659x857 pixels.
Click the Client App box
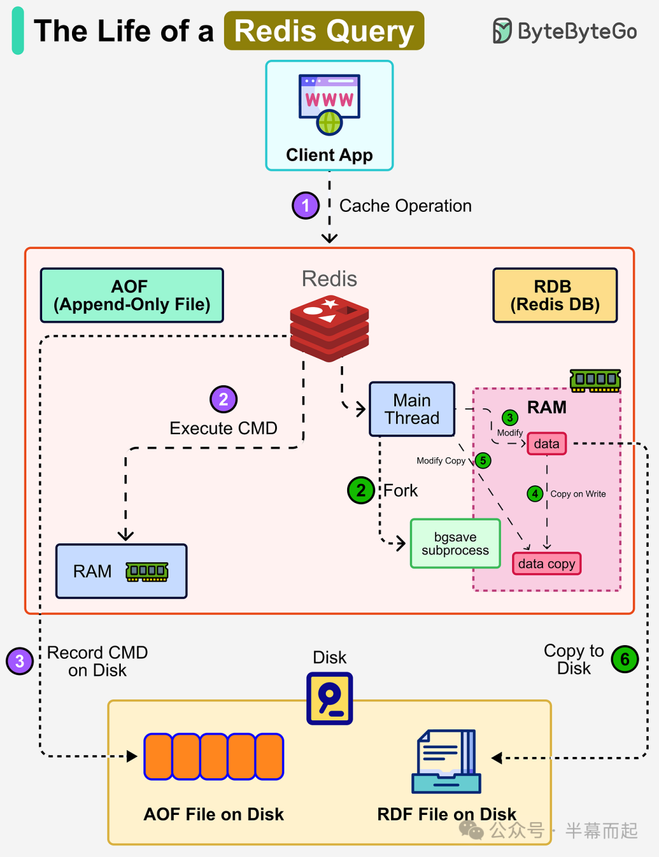click(329, 116)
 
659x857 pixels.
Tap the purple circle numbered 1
click(306, 206)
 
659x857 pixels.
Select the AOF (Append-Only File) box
click(132, 295)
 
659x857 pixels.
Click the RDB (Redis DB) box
click(555, 295)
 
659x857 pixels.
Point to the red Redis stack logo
click(329, 327)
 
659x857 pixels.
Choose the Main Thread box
click(412, 409)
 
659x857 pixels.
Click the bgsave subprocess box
click(455, 543)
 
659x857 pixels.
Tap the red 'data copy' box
click(546, 563)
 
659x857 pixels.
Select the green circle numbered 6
click(625, 659)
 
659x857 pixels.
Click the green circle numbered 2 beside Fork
click(361, 490)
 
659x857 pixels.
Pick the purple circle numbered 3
click(20, 661)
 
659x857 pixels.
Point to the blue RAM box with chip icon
click(121, 571)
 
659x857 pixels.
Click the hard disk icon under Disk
click(329, 698)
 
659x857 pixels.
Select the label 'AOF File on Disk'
click(214, 814)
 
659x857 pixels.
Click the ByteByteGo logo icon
click(502, 31)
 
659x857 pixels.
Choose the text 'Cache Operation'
click(405, 206)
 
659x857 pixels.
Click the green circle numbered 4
click(535, 493)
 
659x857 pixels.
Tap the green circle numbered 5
click(483, 460)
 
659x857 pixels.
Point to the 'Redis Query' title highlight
click(324, 31)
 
